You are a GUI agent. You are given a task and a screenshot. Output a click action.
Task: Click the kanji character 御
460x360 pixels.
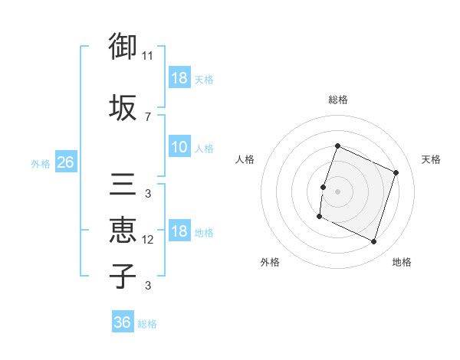pyautogui.click(x=123, y=47)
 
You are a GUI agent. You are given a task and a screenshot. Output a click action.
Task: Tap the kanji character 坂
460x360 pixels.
pyautogui.click(x=123, y=107)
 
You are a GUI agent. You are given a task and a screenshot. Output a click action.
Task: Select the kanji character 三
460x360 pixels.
pyautogui.click(x=123, y=185)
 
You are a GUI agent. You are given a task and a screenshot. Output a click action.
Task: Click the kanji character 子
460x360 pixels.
pyautogui.click(x=123, y=275)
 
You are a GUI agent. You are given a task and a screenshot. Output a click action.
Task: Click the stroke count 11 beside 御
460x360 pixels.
pyautogui.click(x=148, y=56)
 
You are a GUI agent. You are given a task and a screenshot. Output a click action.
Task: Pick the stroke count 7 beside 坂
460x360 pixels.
pyautogui.click(x=148, y=116)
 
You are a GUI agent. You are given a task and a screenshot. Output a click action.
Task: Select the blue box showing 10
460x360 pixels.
pyautogui.click(x=179, y=148)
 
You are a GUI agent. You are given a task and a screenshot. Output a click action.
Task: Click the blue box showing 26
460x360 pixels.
pyautogui.click(x=65, y=162)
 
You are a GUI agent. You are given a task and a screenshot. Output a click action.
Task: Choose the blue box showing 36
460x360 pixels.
pyautogui.click(x=123, y=322)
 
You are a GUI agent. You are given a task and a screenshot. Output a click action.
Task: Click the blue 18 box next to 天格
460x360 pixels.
pyautogui.click(x=179, y=79)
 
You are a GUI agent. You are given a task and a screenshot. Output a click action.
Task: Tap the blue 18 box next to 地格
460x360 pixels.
pyautogui.click(x=179, y=232)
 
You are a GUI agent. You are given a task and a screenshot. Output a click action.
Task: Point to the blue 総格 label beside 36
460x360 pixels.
pyautogui.click(x=147, y=324)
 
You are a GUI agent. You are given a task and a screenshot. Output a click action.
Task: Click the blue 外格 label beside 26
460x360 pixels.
pyautogui.click(x=41, y=163)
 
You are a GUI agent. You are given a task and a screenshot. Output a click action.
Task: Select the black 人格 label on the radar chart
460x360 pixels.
pyautogui.click(x=245, y=159)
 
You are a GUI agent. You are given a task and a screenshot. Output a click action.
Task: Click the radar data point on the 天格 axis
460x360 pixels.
pyautogui.click(x=396, y=172)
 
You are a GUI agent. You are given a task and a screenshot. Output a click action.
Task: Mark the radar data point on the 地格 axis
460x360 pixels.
pyautogui.click(x=373, y=242)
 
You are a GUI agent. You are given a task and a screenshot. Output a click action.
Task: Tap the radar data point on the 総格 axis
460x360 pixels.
pyautogui.click(x=337, y=146)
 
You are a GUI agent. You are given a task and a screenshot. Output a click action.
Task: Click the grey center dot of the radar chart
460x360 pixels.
pyautogui.click(x=337, y=191)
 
